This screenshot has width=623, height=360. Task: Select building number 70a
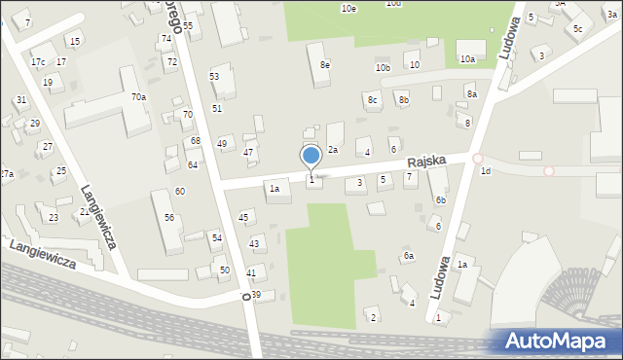click(139, 96)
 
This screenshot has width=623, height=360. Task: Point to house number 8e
click(325, 65)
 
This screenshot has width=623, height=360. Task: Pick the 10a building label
click(467, 59)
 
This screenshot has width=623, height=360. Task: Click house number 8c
click(372, 99)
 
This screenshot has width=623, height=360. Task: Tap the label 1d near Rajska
click(485, 171)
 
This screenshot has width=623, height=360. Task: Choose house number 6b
click(441, 199)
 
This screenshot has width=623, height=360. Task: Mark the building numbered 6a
click(409, 256)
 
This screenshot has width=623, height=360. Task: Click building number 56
click(169, 217)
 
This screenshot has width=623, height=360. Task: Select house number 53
click(214, 76)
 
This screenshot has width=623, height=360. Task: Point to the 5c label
click(577, 28)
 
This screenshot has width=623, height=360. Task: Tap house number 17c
click(37, 62)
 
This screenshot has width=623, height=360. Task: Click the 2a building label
click(332, 149)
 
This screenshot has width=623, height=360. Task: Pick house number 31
click(20, 100)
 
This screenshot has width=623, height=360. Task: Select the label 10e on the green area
click(348, 8)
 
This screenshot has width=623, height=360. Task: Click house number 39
click(256, 294)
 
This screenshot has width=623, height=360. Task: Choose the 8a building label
click(471, 93)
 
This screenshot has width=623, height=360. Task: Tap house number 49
click(222, 144)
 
